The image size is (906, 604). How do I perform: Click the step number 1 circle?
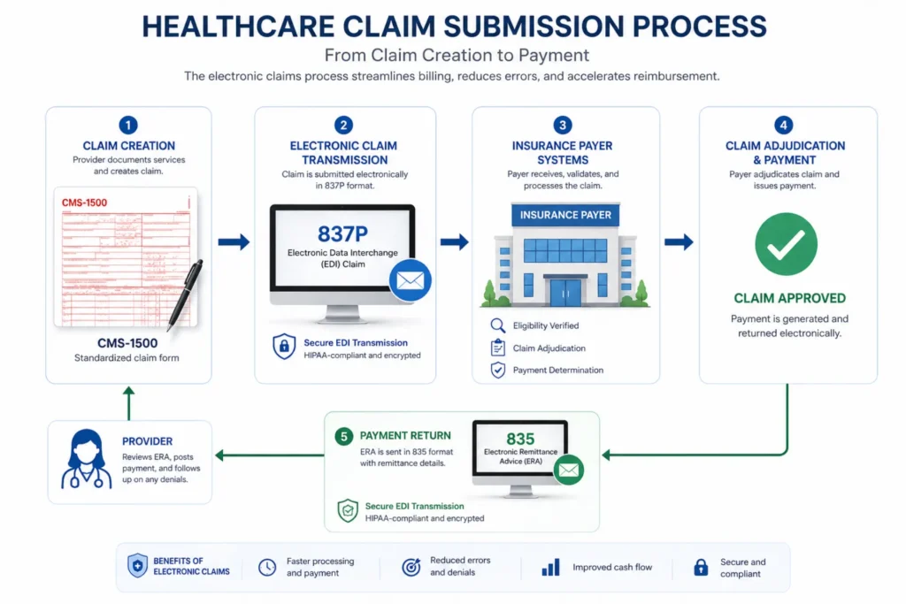pos(128,126)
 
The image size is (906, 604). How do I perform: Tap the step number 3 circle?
pos(564,126)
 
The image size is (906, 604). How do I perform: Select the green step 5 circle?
pos(343,436)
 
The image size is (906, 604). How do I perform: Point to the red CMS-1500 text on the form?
pos(85,203)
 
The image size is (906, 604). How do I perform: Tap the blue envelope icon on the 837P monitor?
pos(411,281)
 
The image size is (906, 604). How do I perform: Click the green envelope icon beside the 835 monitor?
pos(568,470)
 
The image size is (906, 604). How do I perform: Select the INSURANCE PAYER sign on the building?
pos(565,215)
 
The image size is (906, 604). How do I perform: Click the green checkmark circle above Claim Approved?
pos(786,244)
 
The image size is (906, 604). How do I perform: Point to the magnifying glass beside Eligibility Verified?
pos(497,326)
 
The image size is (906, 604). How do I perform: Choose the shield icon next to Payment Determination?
pos(497,371)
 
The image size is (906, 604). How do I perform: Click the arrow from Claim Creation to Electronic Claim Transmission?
pos(234,241)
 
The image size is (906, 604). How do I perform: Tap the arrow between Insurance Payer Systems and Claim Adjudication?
pos(679,241)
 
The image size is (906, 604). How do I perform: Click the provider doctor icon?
pos(87,460)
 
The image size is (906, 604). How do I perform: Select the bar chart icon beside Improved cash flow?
pos(550,567)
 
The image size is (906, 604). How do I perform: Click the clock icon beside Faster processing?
pos(267,567)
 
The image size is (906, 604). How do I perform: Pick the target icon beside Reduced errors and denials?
pos(411,567)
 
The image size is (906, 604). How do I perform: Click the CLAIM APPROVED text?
pos(789,298)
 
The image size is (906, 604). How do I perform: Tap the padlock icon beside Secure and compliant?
pos(701,567)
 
